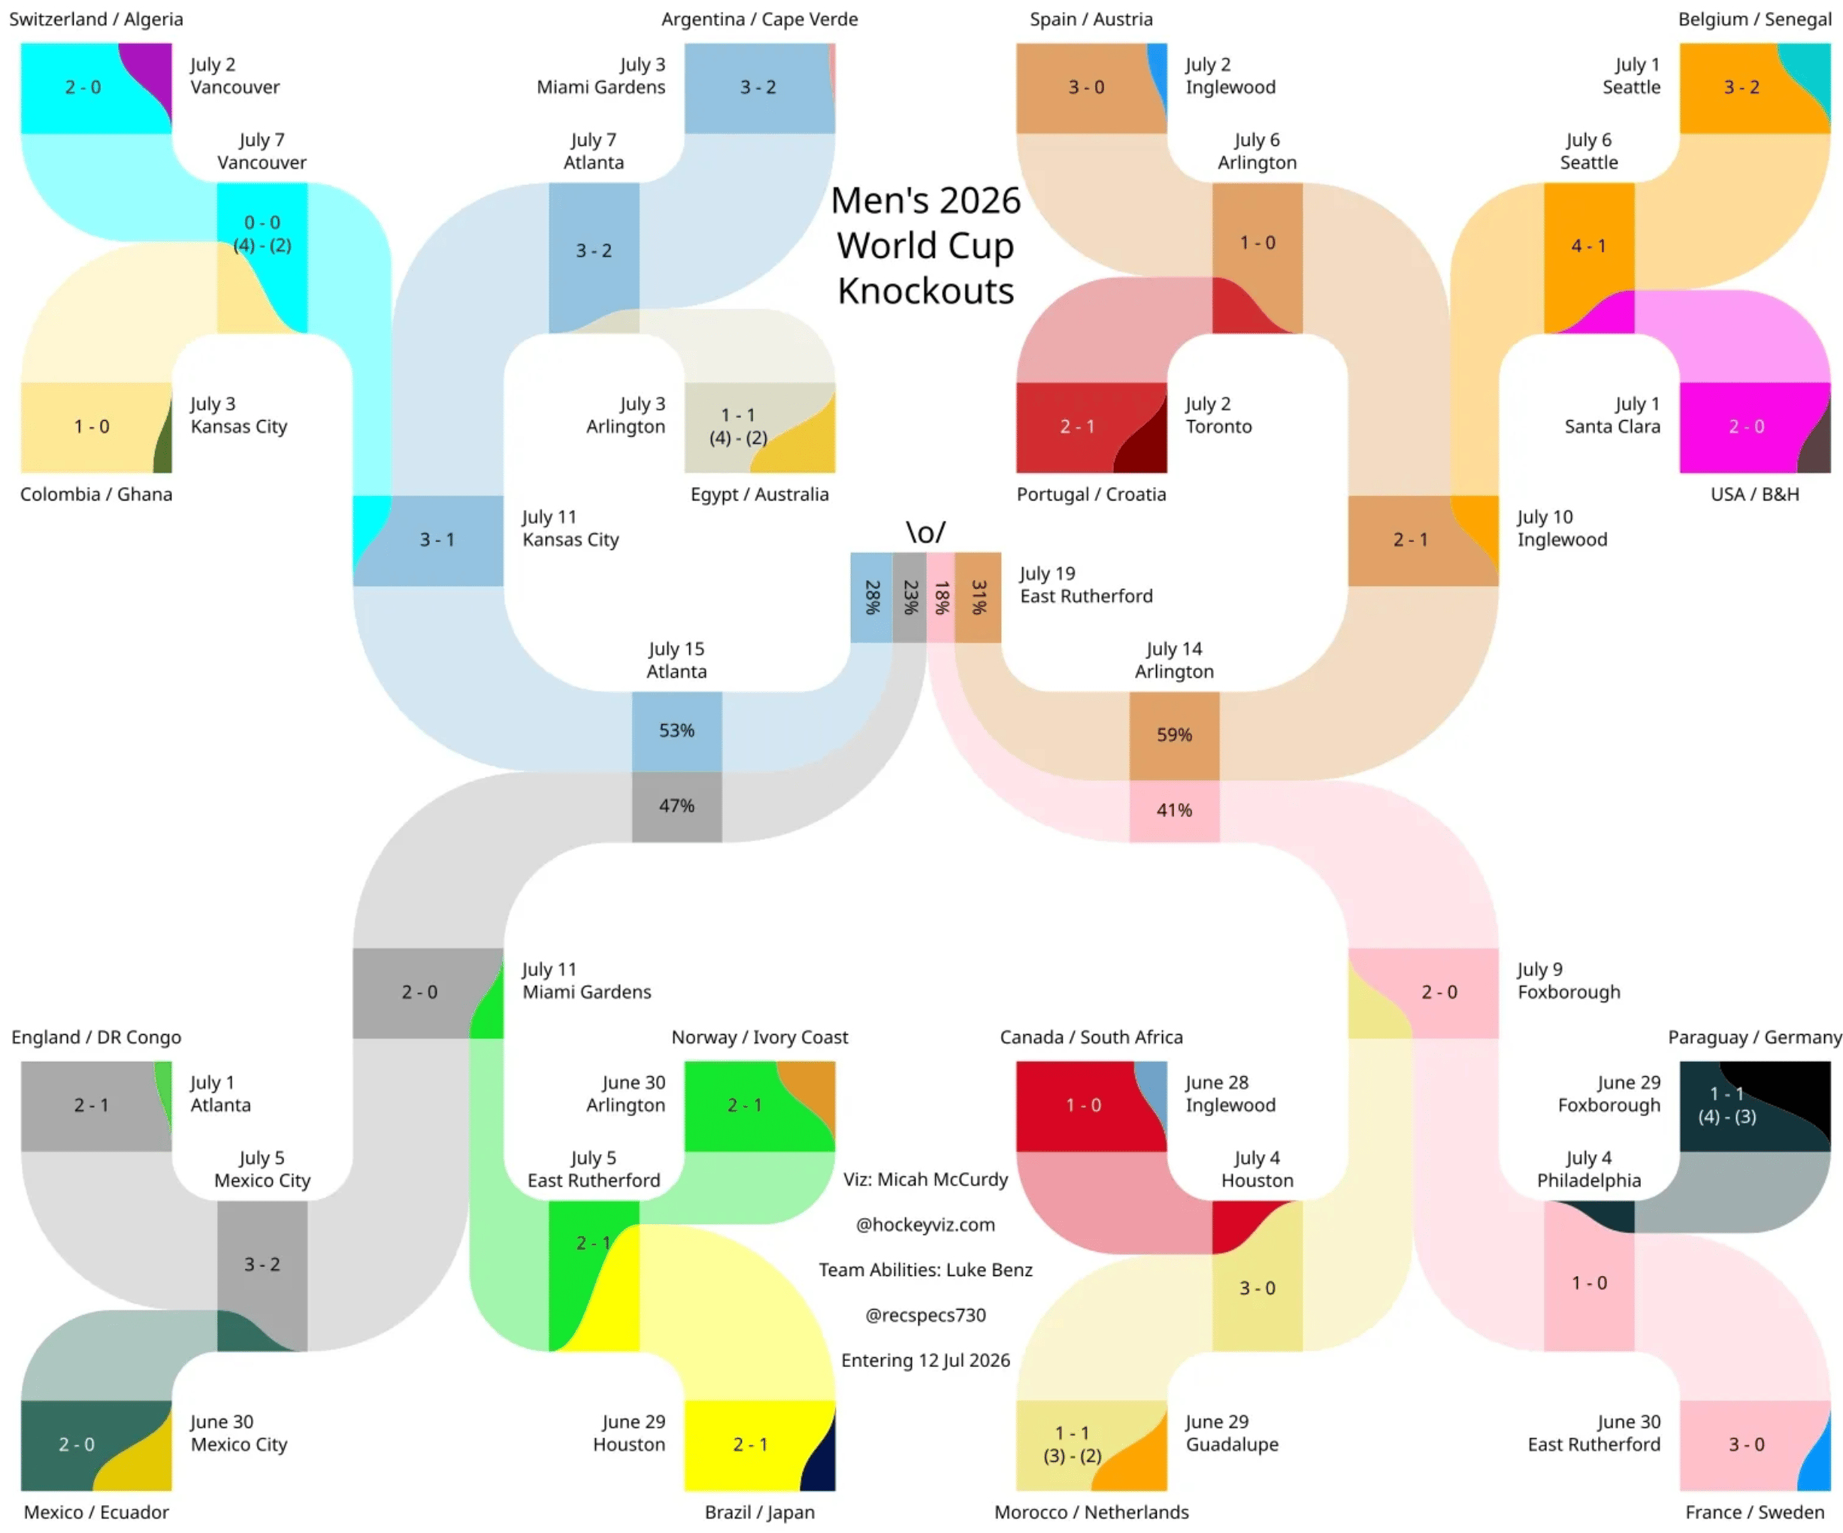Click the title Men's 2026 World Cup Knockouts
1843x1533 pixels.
[x=926, y=246]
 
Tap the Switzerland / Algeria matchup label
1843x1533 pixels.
[x=96, y=20]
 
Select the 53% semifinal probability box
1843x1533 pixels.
[x=676, y=731]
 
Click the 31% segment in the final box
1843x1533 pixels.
[x=979, y=597]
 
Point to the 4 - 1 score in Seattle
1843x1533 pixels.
[x=1588, y=246]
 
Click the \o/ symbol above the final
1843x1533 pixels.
[x=926, y=532]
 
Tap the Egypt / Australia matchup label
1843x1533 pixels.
[x=760, y=495]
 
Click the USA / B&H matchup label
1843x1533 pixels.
[x=1755, y=495]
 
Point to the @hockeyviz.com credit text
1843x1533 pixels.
[x=926, y=1225]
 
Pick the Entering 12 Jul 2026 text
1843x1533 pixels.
[x=926, y=1361]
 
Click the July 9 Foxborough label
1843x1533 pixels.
[x=1569, y=981]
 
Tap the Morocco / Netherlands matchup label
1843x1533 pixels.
[x=1092, y=1513]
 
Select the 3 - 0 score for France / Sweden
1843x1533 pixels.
[x=1747, y=1445]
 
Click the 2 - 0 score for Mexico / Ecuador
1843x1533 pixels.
[x=77, y=1445]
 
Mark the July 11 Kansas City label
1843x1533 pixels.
[x=570, y=528]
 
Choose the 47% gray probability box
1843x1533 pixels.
[x=676, y=806]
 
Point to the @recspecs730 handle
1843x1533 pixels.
[x=926, y=1315]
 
